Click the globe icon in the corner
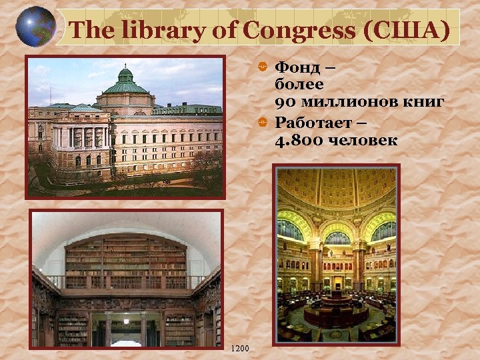(34, 27)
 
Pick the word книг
(426, 103)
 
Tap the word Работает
(314, 123)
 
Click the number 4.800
(297, 141)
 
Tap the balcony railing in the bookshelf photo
(127, 282)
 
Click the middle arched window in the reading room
(337, 237)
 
